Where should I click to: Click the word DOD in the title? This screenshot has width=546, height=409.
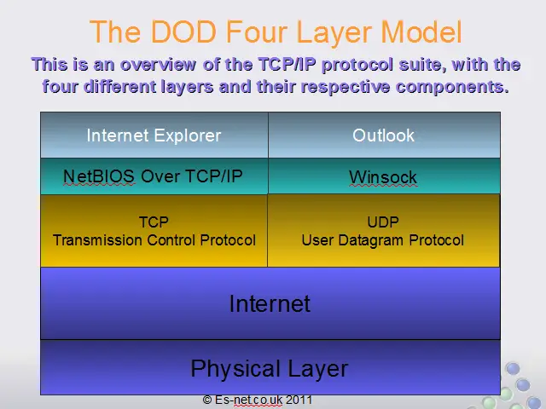(x=184, y=32)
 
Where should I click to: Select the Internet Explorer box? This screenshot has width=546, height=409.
(x=154, y=135)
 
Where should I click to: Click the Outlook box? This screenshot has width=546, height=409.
(x=384, y=135)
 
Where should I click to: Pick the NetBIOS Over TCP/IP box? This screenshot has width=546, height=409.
(x=154, y=176)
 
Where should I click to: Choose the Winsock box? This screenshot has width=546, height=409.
(x=384, y=176)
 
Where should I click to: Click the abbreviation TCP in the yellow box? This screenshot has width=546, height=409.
(x=154, y=222)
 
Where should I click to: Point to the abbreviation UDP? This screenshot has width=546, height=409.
(x=383, y=222)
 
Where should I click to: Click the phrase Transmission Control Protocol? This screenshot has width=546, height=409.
(x=154, y=240)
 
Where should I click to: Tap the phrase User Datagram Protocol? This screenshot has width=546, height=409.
(x=383, y=240)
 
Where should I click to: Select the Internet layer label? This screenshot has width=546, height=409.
(x=270, y=303)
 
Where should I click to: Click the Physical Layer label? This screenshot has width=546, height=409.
(x=270, y=369)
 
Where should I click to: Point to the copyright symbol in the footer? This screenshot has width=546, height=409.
(x=207, y=400)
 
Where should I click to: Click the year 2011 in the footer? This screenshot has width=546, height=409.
(x=299, y=400)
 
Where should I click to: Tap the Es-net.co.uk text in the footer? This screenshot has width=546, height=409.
(x=248, y=400)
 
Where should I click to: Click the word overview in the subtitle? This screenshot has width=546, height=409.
(x=158, y=65)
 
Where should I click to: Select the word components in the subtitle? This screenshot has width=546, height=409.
(x=452, y=87)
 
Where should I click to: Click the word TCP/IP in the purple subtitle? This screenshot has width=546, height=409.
(x=288, y=65)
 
